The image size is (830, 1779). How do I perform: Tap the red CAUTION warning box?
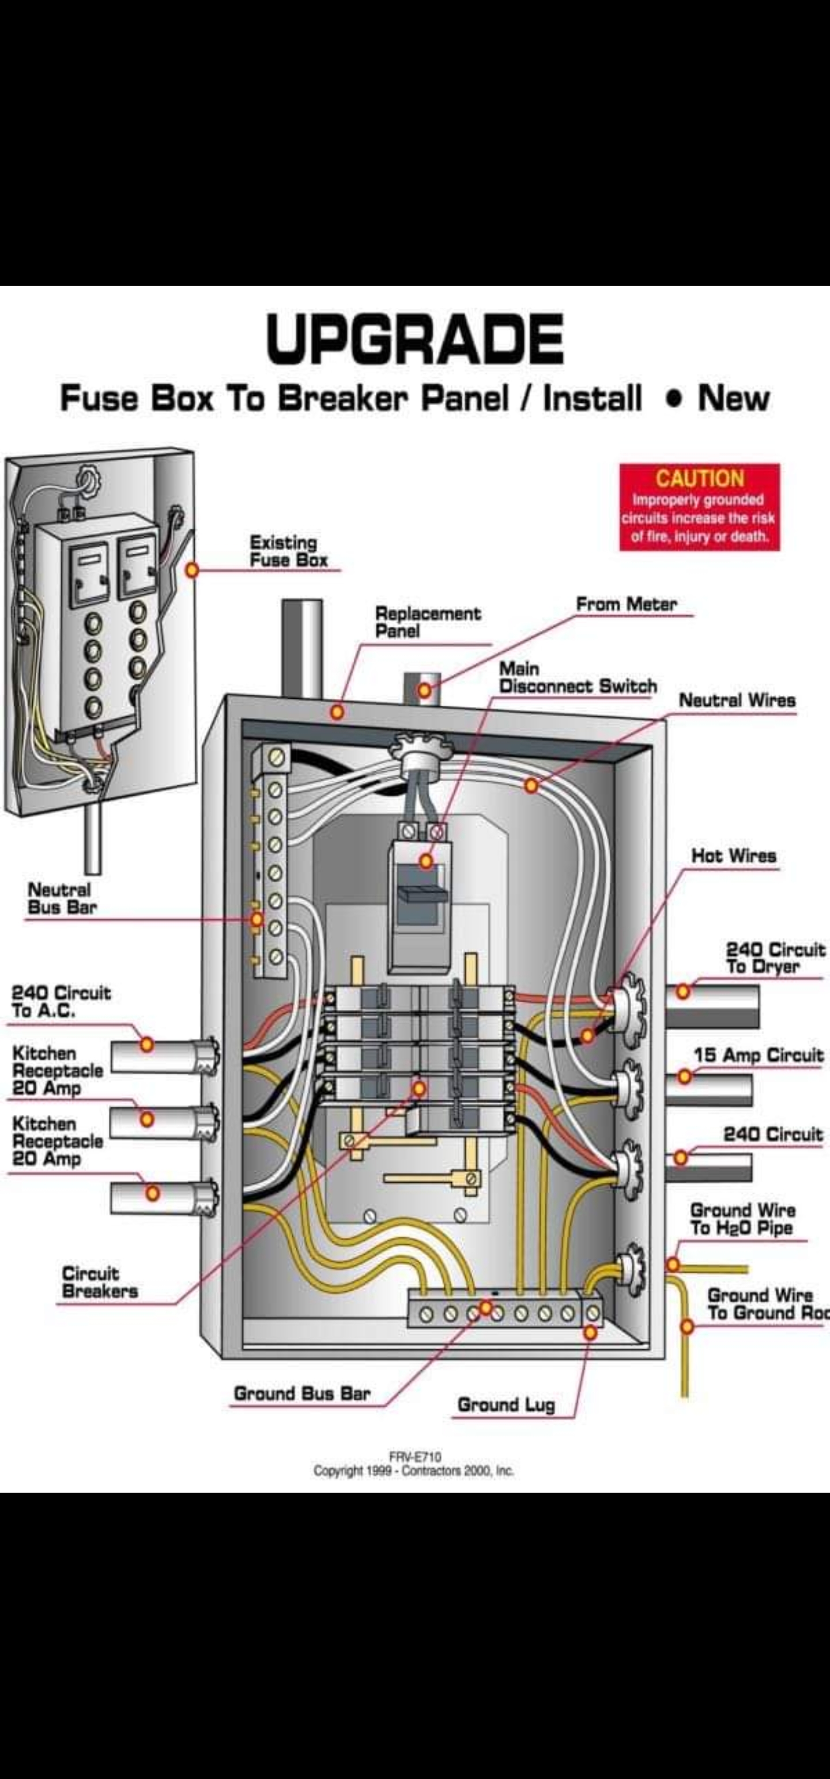[x=699, y=507]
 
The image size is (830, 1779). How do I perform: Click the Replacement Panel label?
[x=427, y=622]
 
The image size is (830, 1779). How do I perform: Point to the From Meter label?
[x=626, y=604]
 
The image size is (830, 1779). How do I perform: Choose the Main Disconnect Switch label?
[x=577, y=677]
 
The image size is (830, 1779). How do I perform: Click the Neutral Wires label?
[x=737, y=701]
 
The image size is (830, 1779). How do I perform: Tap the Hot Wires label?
[x=734, y=856]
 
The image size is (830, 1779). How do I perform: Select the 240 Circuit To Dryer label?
[x=774, y=958]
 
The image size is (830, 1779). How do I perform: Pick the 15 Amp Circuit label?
[x=758, y=1055]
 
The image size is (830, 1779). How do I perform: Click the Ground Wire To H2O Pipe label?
[x=742, y=1219]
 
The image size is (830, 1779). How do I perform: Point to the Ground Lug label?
[x=506, y=1405]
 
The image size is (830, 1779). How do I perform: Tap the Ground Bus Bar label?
[x=302, y=1394]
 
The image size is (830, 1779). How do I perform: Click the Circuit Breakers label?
[x=100, y=1282]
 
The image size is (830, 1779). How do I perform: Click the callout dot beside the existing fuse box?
[x=192, y=570]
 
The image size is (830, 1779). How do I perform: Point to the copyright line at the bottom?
[x=413, y=1471]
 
